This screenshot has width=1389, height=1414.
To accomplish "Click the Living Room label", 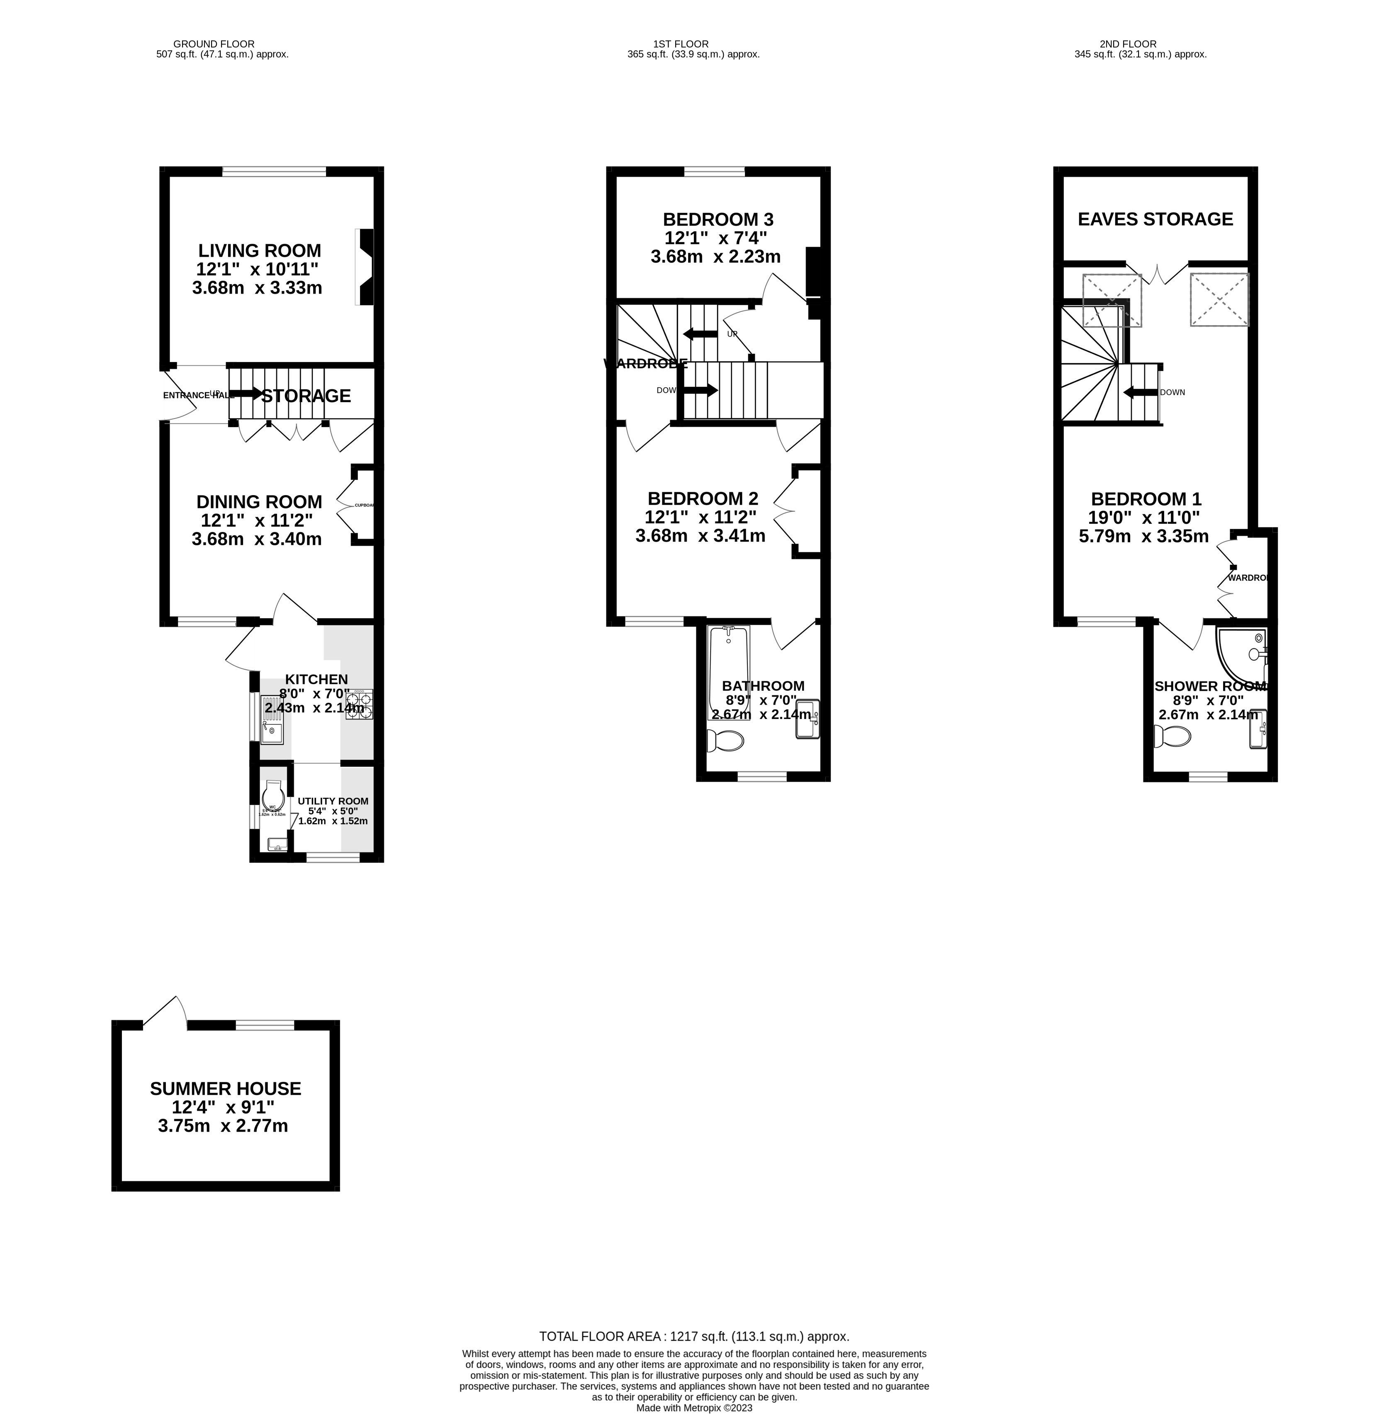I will tap(259, 251).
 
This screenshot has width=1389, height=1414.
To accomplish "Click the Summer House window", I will tap(265, 1025).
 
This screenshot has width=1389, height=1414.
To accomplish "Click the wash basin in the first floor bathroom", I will tap(808, 719).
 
